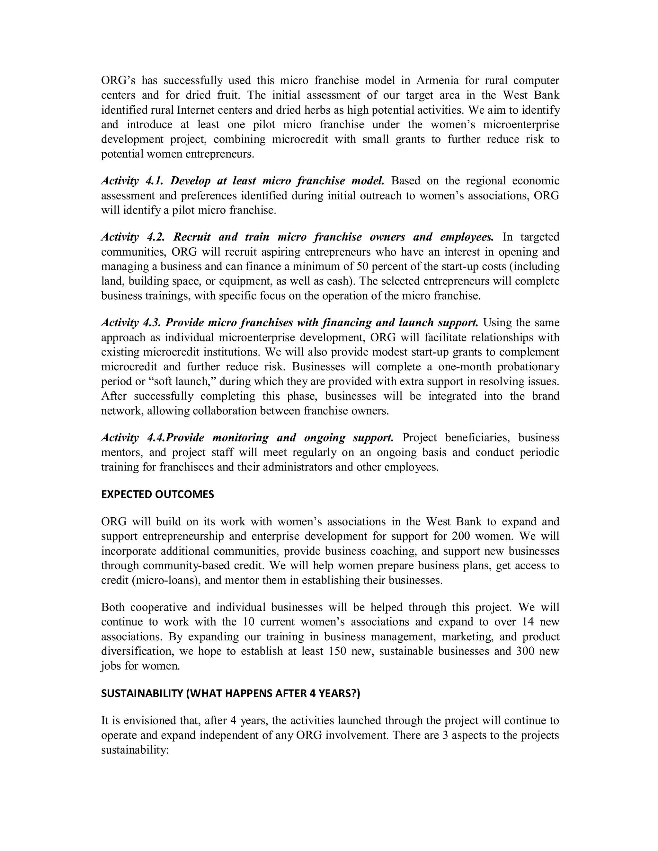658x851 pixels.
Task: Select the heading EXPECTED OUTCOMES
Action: click(157, 495)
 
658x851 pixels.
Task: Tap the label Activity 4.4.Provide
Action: click(152, 438)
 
